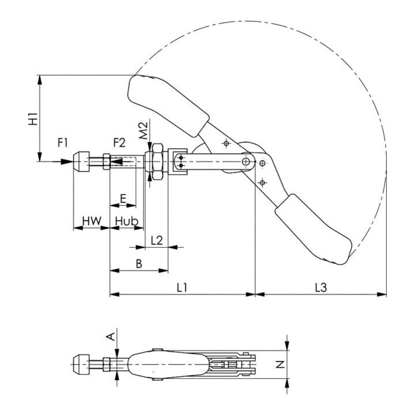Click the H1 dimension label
pos(33,118)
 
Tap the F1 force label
pos(63,143)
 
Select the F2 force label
pos(119,143)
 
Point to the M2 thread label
pos(143,131)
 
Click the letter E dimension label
pos(123,198)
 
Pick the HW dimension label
pos(92,221)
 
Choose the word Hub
pos(127,221)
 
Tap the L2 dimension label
pos(156,240)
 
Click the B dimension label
pos(139,264)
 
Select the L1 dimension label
pos(182,288)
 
